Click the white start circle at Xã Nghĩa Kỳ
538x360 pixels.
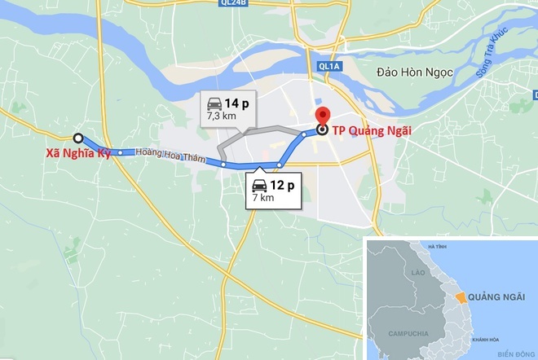[x=78, y=138]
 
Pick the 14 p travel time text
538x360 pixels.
[x=238, y=103]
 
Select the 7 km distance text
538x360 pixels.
[x=263, y=198]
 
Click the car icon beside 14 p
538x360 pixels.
[x=214, y=104]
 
